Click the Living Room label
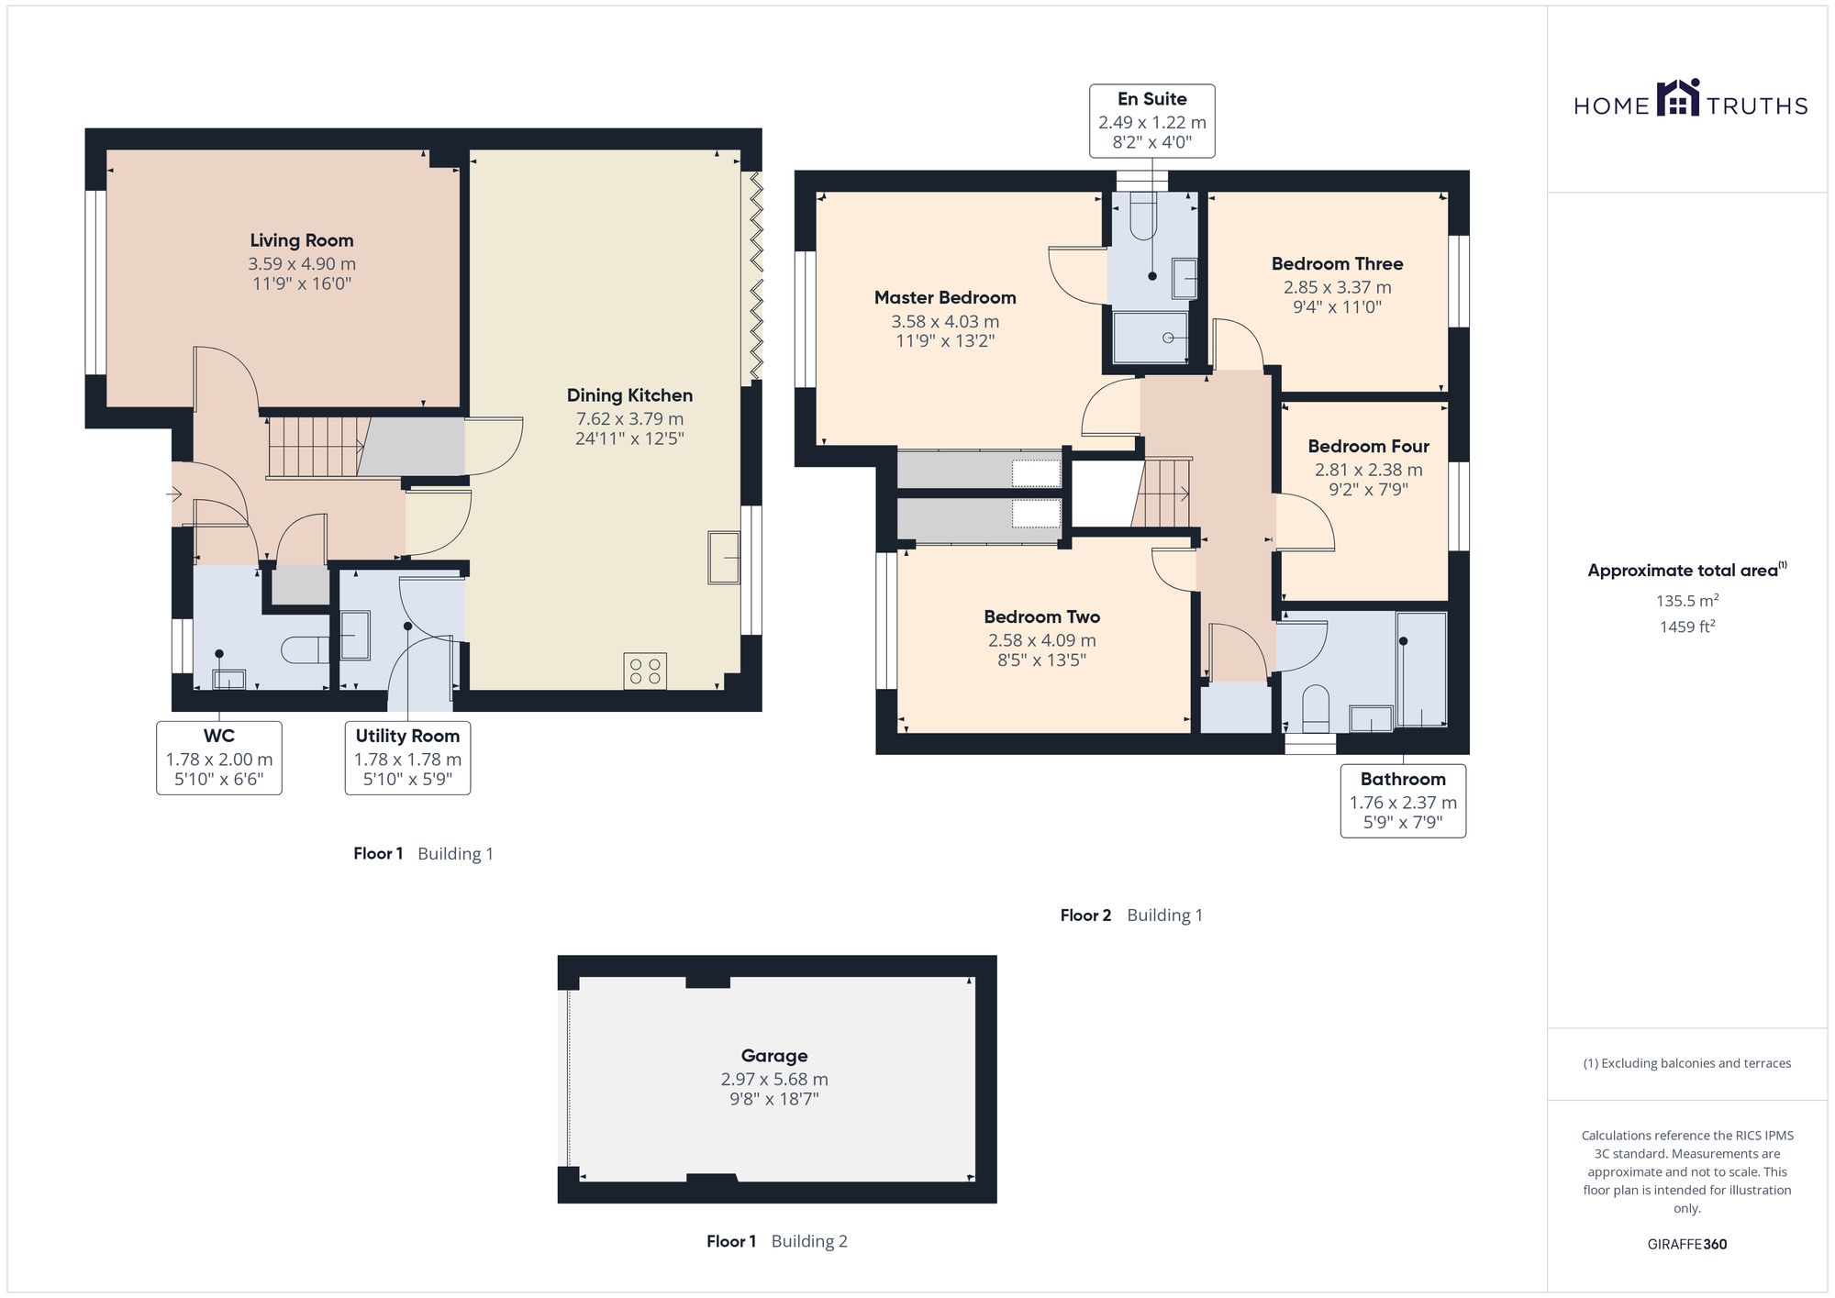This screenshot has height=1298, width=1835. coord(302,240)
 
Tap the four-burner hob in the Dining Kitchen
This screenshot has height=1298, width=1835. coord(645,671)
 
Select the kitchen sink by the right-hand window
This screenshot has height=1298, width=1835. coord(724,558)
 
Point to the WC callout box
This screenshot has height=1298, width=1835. coord(219,758)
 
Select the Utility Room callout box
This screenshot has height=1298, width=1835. coord(407,758)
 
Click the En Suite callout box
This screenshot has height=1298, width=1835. coord(1152,121)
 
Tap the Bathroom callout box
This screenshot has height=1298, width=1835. coord(1403,801)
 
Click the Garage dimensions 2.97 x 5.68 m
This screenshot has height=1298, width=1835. coord(774,1080)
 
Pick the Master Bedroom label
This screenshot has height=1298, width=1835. coord(945,297)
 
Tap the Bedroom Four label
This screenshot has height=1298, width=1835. coord(1369,447)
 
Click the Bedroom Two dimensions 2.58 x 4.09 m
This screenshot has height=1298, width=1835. coord(1042,640)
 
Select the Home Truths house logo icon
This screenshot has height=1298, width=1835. coord(1678,97)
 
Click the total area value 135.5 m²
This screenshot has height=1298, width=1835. coord(1687,601)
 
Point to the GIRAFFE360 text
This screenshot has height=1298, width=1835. coord(1687,1245)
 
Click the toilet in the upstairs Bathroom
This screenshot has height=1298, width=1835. coord(1316,708)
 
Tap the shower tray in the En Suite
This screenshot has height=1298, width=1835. coord(1151,338)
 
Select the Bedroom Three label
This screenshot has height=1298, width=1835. coord(1337,264)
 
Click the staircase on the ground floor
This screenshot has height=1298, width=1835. coord(317,447)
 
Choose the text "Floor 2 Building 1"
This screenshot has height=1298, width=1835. coord(1131,915)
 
